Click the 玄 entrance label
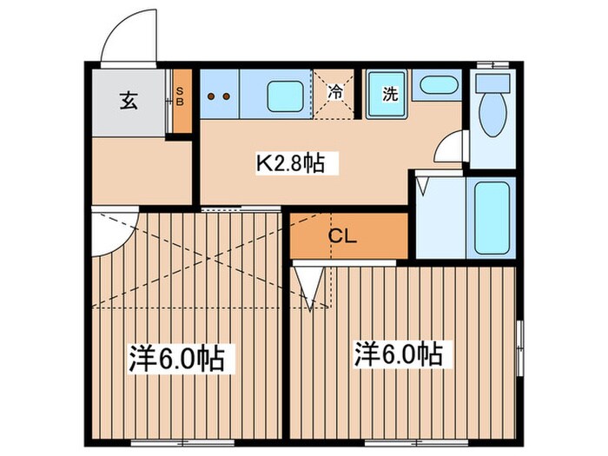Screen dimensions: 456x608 coord(129,99)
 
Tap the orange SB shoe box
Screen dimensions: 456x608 coord(181,100)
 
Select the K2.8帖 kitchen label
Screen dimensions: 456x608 coord(289,163)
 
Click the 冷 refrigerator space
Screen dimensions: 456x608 coord(335,89)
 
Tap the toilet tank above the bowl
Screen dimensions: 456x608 coord(492,83)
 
